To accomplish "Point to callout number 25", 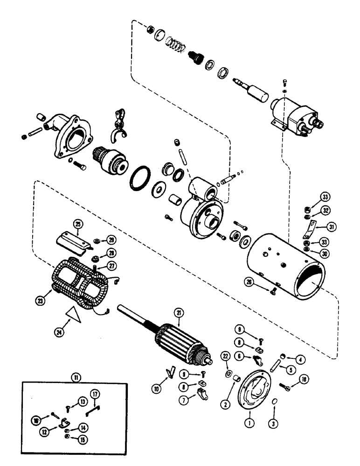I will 77,224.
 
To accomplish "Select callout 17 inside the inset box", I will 94,394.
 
